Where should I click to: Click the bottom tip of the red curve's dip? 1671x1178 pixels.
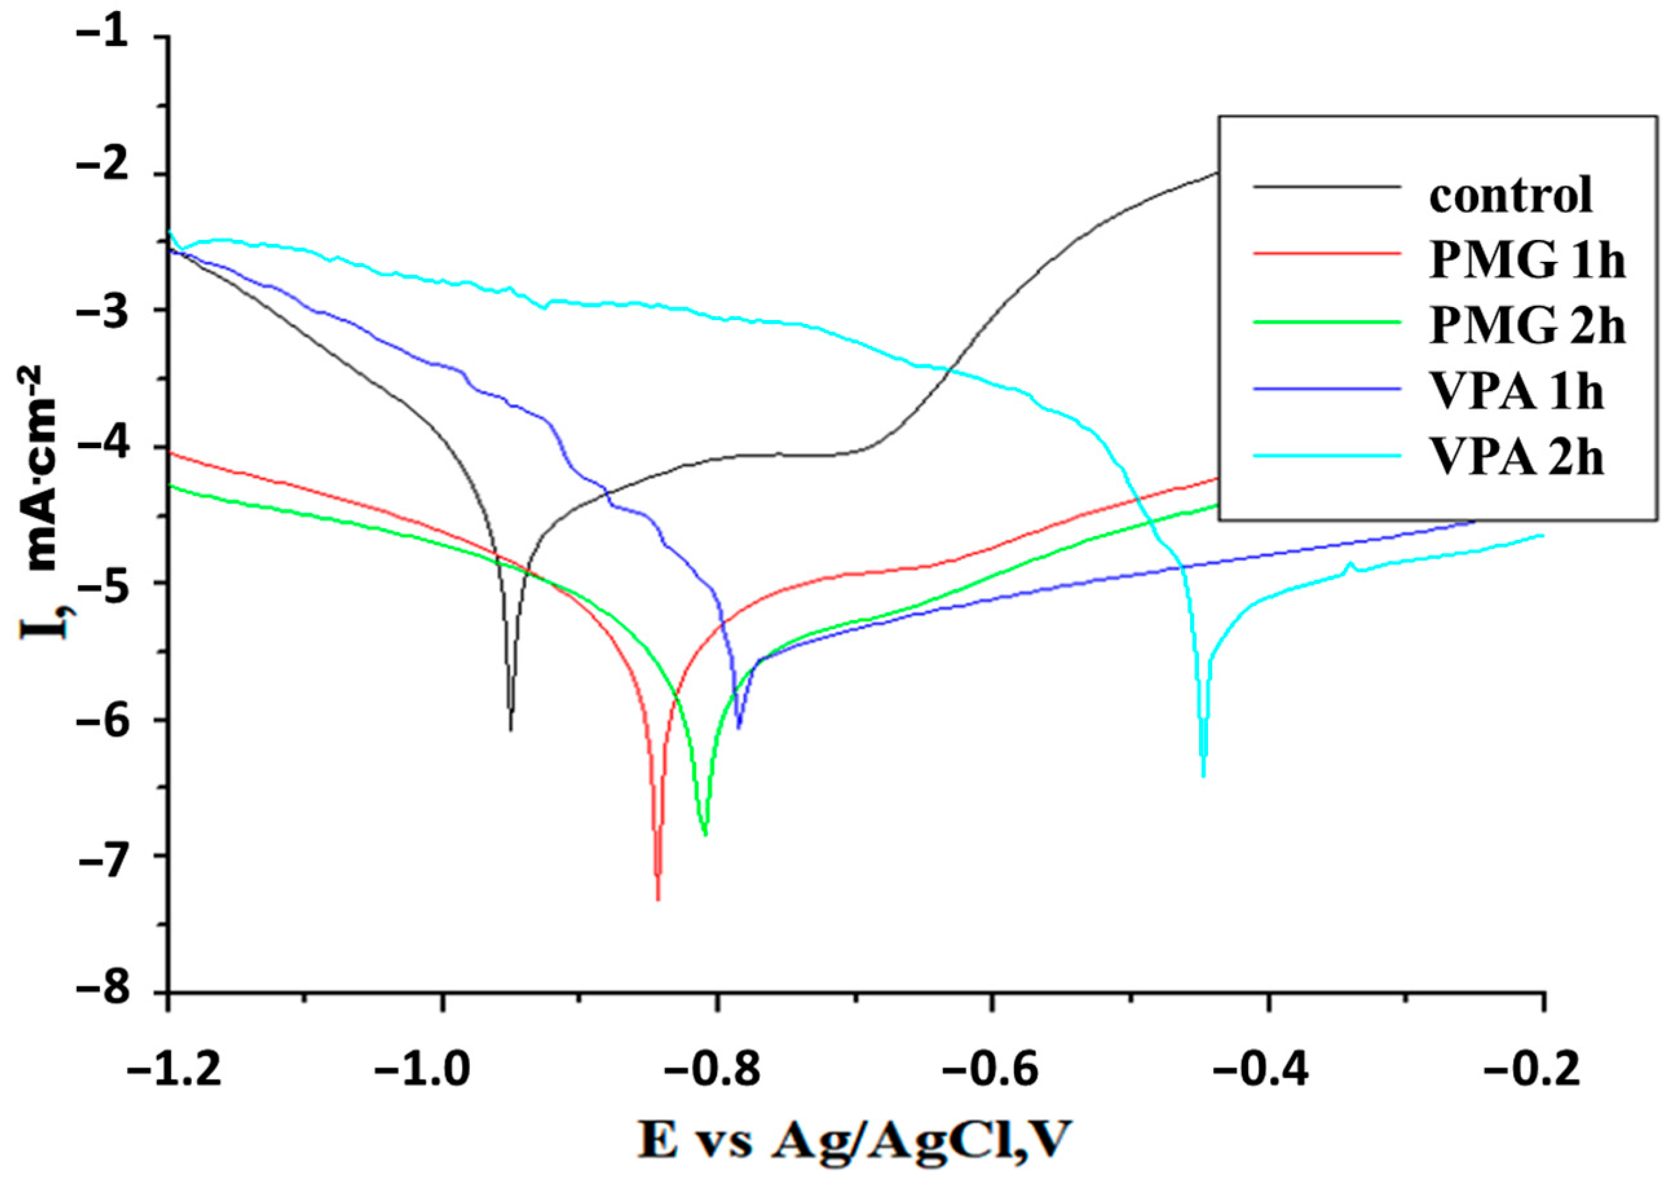click(658, 900)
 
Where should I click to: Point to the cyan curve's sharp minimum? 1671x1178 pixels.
click(1203, 776)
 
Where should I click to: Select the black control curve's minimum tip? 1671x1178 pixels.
click(511, 730)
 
